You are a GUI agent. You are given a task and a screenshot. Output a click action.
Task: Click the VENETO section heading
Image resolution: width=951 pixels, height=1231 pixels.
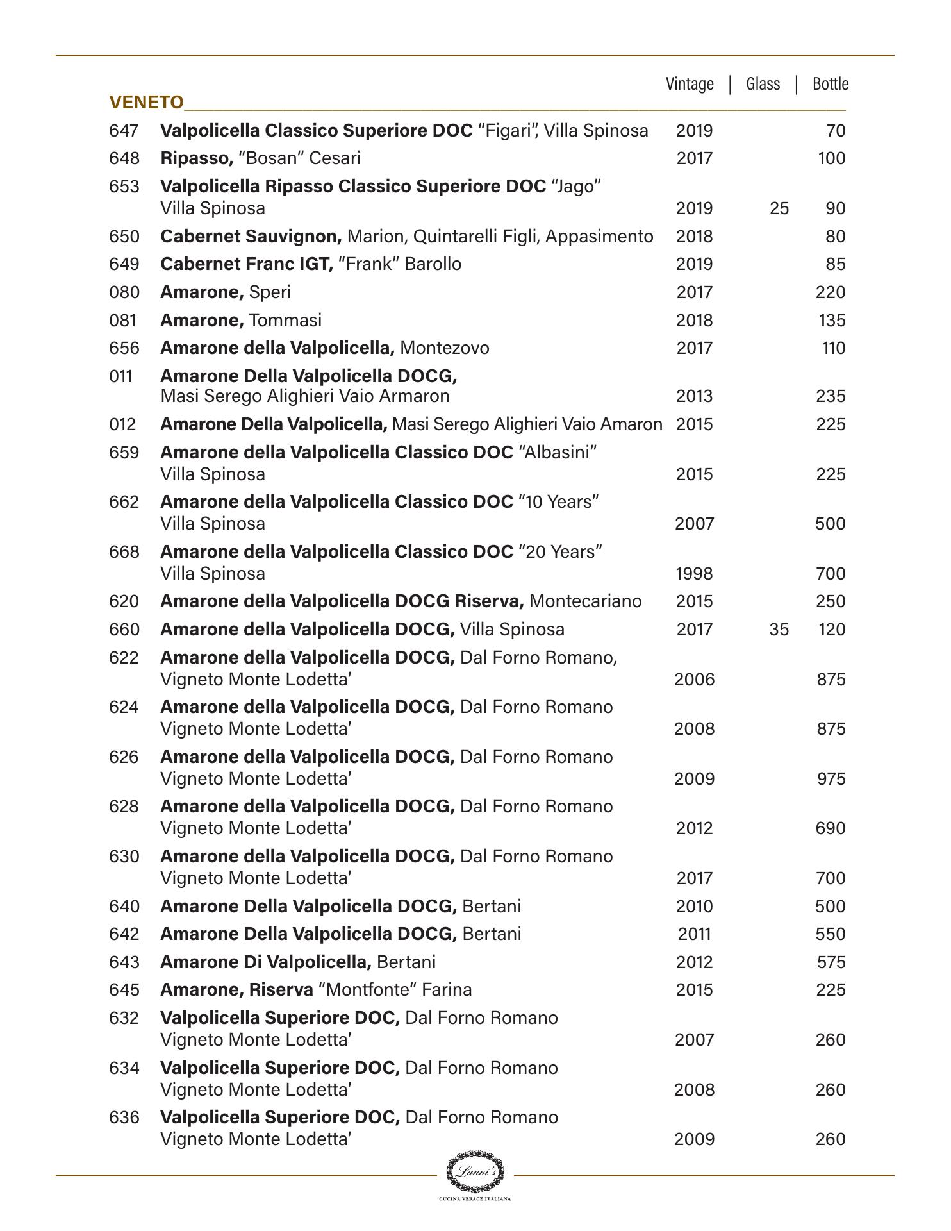[146, 103]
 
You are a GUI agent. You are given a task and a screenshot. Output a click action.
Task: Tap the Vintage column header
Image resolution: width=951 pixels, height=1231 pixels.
[690, 84]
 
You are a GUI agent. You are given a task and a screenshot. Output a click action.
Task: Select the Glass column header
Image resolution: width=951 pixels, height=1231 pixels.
[763, 84]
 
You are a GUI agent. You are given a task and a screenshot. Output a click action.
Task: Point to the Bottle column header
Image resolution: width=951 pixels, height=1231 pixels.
[830, 84]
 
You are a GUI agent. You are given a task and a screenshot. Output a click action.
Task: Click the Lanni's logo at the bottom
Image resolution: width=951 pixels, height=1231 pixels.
[475, 1173]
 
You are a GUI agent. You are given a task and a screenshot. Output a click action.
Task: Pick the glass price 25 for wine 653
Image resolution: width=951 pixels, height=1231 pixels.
[779, 208]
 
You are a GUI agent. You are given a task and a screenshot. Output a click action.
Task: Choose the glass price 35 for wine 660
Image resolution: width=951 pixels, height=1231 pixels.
[779, 630]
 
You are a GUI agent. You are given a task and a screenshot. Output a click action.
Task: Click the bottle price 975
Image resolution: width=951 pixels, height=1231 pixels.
[831, 779]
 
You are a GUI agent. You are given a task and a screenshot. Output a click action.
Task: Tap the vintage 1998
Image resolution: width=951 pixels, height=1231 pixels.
[694, 574]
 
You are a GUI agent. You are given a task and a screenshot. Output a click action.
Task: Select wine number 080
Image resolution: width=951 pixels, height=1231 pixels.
[124, 292]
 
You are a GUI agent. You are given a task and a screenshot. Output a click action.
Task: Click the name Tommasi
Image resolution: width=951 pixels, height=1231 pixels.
[285, 321]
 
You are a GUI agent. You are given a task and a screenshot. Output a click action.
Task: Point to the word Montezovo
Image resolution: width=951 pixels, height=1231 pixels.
[444, 348]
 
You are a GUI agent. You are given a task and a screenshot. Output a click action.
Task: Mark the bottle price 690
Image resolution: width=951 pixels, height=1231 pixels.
[831, 828]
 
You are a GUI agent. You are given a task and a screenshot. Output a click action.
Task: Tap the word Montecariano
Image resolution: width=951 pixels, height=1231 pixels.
[586, 601]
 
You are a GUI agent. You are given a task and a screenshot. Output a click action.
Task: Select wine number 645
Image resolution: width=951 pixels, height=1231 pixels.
[124, 990]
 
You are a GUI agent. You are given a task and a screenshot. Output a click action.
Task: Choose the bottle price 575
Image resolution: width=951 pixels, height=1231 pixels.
[831, 962]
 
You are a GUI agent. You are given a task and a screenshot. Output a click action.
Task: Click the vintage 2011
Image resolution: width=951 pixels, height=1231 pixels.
[694, 934]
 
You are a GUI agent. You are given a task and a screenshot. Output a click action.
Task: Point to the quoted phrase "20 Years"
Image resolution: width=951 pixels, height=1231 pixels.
[560, 552]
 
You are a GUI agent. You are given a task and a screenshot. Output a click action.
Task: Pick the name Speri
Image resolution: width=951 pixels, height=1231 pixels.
[270, 292]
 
